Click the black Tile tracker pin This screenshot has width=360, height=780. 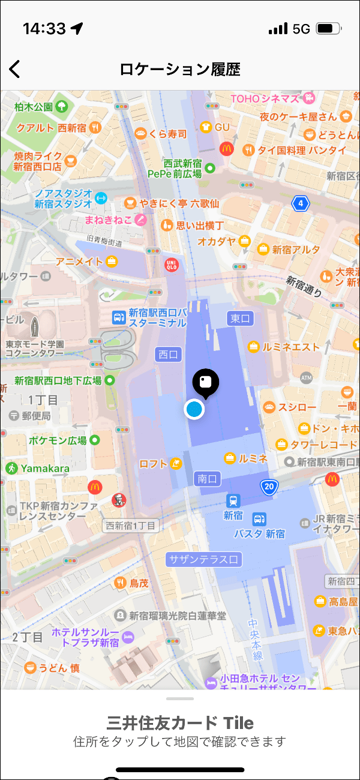click(205, 383)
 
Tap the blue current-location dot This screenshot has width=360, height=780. click(194, 409)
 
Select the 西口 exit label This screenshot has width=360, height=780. click(168, 355)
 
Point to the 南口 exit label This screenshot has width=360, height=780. click(209, 478)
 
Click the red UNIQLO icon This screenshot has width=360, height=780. click(171, 265)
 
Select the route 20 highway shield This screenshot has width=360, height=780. click(269, 487)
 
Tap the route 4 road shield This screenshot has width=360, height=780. click(300, 203)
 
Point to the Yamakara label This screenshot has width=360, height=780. click(45, 468)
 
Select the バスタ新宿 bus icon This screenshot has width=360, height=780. click(259, 519)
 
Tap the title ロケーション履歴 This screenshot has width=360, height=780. click(180, 70)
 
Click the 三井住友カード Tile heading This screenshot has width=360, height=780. click(180, 722)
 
